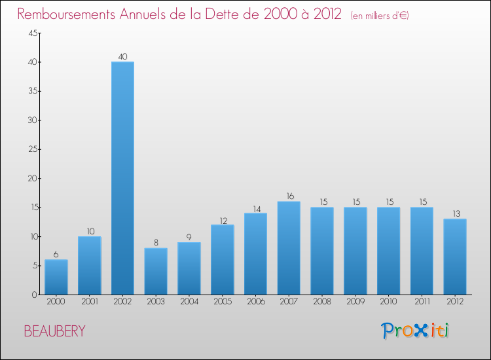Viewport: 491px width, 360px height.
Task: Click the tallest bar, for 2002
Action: point(122,178)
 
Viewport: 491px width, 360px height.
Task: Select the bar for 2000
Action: point(56,277)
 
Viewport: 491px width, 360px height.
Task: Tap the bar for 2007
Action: point(289,248)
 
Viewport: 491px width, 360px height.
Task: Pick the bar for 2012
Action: point(455,257)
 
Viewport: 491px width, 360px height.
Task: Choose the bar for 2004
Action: point(189,268)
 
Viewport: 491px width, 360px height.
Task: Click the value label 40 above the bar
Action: point(122,57)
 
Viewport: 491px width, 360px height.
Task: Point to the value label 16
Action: point(289,196)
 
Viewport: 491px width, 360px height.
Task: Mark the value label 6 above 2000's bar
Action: point(56,255)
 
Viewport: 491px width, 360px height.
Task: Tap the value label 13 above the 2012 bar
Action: point(455,214)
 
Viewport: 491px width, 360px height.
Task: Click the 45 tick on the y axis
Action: point(31,33)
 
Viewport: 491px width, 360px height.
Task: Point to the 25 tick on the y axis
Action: point(31,149)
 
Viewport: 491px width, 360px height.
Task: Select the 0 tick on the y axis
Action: point(33,295)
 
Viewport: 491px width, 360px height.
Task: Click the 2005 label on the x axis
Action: point(223,302)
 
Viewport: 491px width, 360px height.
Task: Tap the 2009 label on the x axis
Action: point(355,302)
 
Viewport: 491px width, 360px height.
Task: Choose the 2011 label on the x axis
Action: point(422,302)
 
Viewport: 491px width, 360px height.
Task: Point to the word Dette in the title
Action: point(225,14)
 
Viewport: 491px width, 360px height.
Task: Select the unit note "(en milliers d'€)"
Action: point(380,16)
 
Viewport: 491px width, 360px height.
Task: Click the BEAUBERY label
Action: point(54,331)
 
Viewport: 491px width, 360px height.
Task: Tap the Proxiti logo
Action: point(416,331)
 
